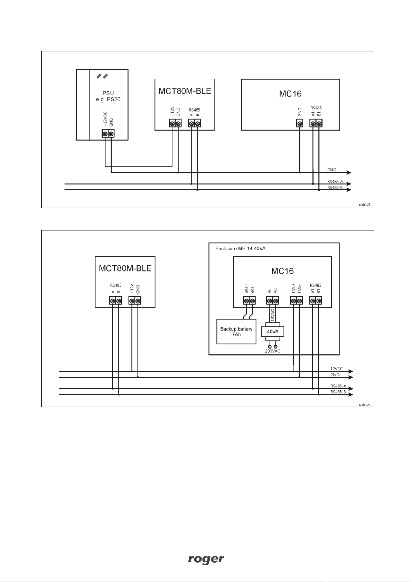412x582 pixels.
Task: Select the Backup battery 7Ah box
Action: [236, 332]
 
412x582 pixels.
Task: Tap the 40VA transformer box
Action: [273, 332]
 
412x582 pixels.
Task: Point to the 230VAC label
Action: [273, 351]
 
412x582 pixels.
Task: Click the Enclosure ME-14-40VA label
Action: [240, 248]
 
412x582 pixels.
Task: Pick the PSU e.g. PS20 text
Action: [108, 96]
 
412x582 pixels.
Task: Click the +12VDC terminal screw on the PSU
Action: [105, 134]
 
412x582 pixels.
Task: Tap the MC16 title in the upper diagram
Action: [290, 94]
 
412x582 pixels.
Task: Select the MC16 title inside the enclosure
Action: [282, 271]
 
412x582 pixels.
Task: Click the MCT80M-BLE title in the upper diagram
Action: [185, 91]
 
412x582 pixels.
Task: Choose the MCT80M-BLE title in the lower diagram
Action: [125, 268]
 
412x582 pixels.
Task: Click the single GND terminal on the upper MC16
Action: [300, 123]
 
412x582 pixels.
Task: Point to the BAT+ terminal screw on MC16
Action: [246, 301]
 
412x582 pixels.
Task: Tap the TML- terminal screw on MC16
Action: [299, 301]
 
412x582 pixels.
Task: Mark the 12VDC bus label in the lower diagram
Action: [337, 369]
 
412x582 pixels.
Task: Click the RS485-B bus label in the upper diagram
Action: [335, 188]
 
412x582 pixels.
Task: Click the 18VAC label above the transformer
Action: [273, 315]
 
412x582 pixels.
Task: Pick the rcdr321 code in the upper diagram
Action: [365, 204]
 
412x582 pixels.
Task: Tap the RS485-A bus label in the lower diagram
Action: [338, 386]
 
